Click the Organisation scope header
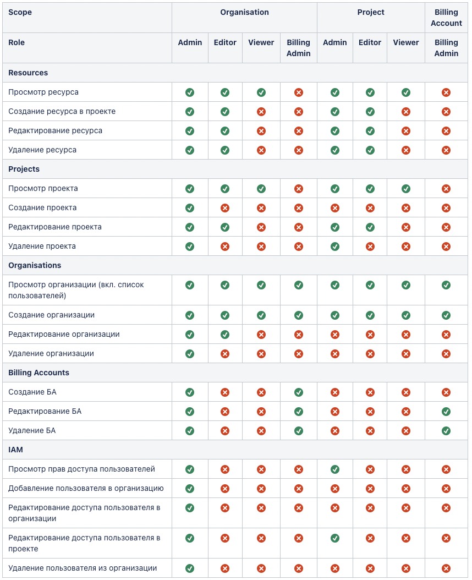point(244,12)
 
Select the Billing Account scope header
point(446,18)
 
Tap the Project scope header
point(371,12)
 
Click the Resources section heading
point(28,73)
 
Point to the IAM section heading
point(15,450)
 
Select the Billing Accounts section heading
point(39,373)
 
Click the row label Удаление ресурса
point(42,150)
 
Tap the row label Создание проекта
point(42,207)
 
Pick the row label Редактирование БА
point(45,411)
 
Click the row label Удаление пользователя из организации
point(83,568)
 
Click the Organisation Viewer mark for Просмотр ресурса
point(261,92)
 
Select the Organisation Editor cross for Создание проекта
point(225,208)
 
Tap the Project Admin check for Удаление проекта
point(335,247)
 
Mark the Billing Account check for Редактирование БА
point(446,412)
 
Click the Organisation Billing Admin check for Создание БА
point(299,392)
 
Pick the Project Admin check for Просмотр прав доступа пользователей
point(335,469)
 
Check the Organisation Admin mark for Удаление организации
point(190,354)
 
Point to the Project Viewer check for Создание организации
point(406,315)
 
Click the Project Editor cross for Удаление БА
point(370,431)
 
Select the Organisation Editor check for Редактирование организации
point(225,335)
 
